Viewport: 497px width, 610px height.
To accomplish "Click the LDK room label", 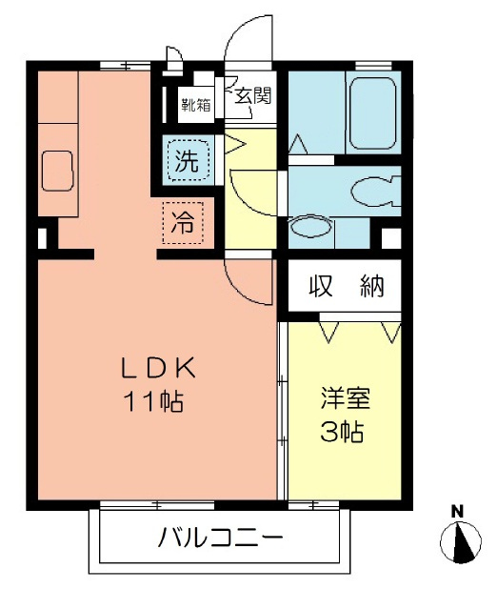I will coord(158,368).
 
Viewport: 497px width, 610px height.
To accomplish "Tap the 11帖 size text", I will coord(153,401).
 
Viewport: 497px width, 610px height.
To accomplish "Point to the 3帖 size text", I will coord(342,432).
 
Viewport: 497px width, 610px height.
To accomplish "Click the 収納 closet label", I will coord(346,287).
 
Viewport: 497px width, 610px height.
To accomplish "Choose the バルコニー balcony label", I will coord(220,540).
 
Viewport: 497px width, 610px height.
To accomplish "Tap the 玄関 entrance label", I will coord(253,95).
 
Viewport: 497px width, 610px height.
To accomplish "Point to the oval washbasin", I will coord(307,227).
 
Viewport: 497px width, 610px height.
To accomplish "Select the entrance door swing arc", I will coord(246,43).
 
